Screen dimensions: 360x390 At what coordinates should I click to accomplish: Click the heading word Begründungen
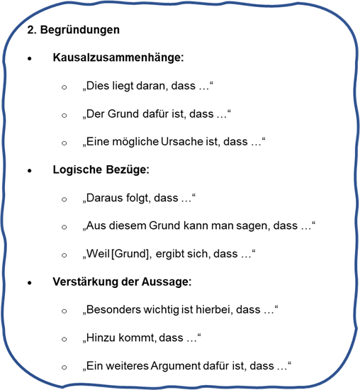(80, 30)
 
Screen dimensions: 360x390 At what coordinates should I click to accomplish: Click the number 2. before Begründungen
(32, 30)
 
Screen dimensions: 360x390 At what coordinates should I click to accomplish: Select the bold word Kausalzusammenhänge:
(118, 57)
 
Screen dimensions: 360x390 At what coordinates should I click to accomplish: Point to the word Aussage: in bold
(167, 282)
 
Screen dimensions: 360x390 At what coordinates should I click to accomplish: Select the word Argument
(176, 366)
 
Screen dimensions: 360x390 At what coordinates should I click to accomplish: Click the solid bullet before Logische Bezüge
(30, 171)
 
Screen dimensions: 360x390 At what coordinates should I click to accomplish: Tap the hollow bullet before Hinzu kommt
(64, 339)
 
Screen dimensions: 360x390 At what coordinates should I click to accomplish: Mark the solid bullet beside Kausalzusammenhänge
(30, 59)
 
